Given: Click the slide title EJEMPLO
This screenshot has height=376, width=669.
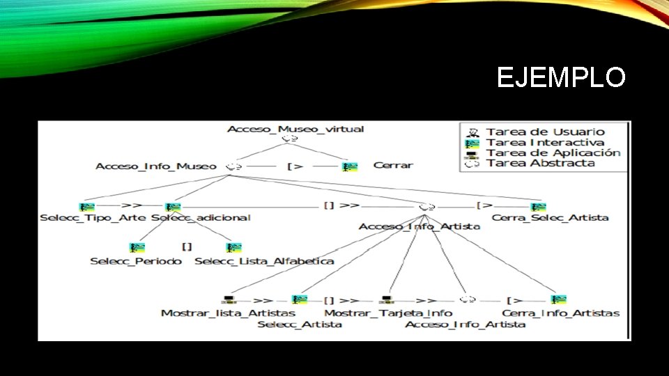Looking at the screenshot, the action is pyautogui.click(x=561, y=77).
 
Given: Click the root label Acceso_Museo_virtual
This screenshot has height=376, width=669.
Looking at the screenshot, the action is pyautogui.click(x=295, y=129).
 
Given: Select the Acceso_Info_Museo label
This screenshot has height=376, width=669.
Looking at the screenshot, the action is pyautogui.click(x=155, y=166).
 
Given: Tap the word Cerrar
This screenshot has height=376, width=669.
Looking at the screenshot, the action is pyautogui.click(x=393, y=166).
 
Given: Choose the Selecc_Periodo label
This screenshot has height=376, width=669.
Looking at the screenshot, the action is pyautogui.click(x=136, y=261).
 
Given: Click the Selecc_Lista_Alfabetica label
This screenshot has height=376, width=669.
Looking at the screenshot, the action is pyautogui.click(x=264, y=261).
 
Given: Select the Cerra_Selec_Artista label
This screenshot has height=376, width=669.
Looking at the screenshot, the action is pyautogui.click(x=550, y=217).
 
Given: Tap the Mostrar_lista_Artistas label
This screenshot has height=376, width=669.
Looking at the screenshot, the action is pyautogui.click(x=218, y=313).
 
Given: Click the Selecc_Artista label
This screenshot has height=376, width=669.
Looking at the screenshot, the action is pyautogui.click(x=300, y=324).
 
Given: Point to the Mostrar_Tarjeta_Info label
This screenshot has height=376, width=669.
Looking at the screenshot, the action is pyautogui.click(x=388, y=313).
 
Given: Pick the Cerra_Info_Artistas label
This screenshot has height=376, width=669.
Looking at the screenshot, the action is pyautogui.click(x=560, y=313).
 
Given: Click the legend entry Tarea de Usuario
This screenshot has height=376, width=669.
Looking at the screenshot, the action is pyautogui.click(x=545, y=132).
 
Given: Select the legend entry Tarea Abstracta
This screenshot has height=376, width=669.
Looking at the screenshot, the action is pyautogui.click(x=540, y=163).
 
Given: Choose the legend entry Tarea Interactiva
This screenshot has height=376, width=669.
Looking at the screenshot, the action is pyautogui.click(x=545, y=142).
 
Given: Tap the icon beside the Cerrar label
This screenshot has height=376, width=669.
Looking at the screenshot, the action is pyautogui.click(x=350, y=166).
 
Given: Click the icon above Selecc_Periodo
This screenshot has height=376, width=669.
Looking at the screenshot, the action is pyautogui.click(x=137, y=247).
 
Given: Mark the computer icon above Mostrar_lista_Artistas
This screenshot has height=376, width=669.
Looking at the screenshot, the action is pyautogui.click(x=228, y=300).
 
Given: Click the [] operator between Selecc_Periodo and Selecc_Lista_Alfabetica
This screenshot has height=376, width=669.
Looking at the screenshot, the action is pyautogui.click(x=187, y=246).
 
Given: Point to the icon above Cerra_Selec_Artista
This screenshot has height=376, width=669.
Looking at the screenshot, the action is pyautogui.click(x=538, y=206).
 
